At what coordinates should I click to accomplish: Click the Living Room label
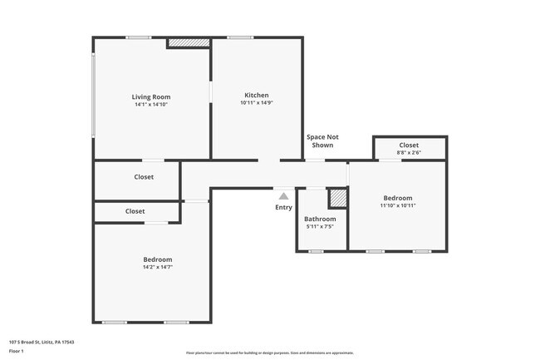(x=150, y=96)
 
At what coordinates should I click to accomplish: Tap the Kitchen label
(x=256, y=95)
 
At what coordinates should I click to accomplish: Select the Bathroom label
(x=321, y=219)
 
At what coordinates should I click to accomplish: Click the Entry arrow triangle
(x=283, y=196)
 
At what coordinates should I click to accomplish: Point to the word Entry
(x=283, y=207)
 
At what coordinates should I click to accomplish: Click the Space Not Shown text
(x=322, y=141)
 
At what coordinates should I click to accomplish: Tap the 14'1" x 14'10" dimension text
(x=150, y=105)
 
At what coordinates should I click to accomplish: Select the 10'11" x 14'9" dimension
(x=256, y=103)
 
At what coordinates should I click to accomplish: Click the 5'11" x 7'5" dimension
(x=321, y=227)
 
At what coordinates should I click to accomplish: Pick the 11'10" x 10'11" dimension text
(x=397, y=205)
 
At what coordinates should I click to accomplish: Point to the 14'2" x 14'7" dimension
(x=157, y=268)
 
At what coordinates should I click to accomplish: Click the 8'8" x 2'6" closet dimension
(x=409, y=153)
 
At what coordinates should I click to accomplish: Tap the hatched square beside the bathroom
(x=338, y=199)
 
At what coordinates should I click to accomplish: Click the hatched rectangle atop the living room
(x=188, y=42)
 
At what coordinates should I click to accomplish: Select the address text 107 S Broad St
(x=41, y=342)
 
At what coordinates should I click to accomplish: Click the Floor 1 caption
(x=17, y=351)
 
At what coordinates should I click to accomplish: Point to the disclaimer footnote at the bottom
(x=269, y=353)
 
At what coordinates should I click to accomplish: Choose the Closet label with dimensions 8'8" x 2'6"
(x=409, y=145)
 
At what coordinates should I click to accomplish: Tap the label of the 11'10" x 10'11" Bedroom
(x=397, y=197)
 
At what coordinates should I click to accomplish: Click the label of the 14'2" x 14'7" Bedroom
(x=157, y=259)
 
